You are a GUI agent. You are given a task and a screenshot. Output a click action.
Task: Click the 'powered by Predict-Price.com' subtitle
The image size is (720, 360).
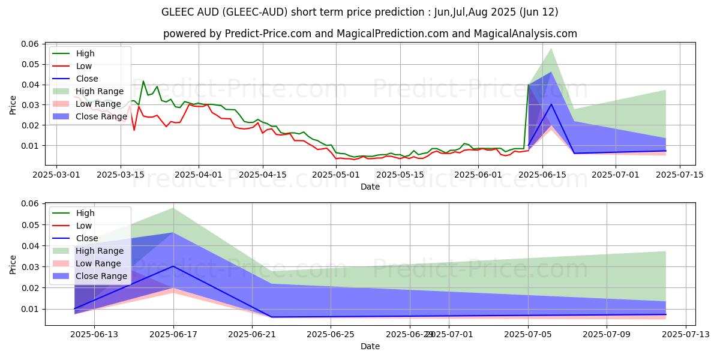tap(370, 34)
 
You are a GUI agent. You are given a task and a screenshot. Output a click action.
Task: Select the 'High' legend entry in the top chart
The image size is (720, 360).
tap(85, 53)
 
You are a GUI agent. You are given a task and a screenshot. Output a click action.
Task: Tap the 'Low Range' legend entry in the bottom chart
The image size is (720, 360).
tap(100, 263)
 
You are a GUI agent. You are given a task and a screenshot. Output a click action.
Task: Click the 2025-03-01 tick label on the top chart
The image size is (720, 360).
tap(56, 175)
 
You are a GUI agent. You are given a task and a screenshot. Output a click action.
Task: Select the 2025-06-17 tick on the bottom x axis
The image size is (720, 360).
tap(173, 334)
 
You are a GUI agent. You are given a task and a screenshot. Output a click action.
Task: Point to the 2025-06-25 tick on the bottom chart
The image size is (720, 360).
tap(331, 334)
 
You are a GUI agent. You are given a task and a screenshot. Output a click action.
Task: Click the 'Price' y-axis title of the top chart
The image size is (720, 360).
tap(13, 104)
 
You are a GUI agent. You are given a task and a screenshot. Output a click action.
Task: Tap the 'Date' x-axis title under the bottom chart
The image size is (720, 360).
tap(370, 346)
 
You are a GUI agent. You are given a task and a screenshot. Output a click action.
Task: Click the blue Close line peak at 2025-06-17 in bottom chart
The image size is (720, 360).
tap(173, 266)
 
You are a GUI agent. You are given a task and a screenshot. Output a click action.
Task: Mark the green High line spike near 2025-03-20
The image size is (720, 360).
tap(143, 81)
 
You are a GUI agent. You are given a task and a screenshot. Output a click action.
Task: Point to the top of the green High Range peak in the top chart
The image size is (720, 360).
tap(551, 49)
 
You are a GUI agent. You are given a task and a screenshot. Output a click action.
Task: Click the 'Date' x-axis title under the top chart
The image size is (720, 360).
tap(370, 187)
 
